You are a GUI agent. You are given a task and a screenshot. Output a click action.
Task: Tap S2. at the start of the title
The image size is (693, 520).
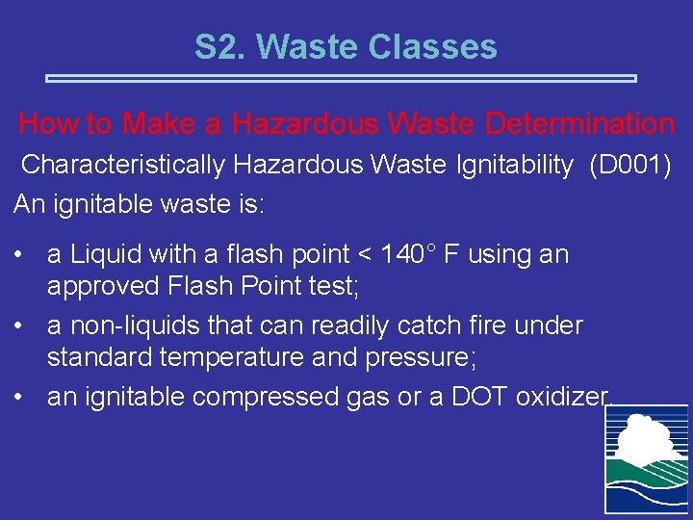coord(221,46)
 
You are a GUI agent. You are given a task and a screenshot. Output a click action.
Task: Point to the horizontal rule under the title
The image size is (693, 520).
coord(342,78)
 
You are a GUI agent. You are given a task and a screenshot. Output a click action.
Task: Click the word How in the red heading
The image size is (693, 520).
coord(44,124)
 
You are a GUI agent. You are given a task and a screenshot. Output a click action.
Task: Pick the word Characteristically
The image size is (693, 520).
coord(123,165)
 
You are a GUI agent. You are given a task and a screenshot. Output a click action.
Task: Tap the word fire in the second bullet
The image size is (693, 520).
coord(487,325)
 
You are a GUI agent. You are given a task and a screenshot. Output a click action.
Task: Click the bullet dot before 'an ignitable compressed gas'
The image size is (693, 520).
coord(20,397)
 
